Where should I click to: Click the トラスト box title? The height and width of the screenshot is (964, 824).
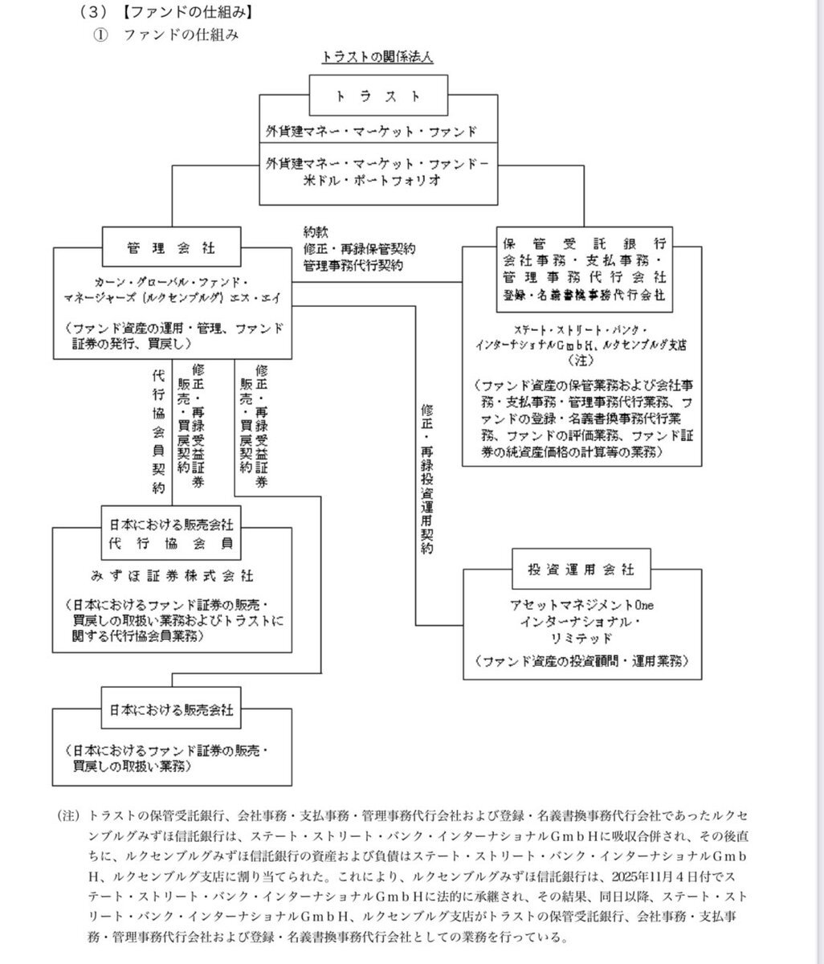[377, 96]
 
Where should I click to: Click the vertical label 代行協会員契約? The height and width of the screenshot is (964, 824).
[157, 432]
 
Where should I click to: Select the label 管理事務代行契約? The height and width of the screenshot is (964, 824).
[353, 263]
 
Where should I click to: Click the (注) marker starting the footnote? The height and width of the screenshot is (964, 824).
[69, 815]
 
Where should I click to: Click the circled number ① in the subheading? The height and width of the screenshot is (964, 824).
[100, 35]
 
